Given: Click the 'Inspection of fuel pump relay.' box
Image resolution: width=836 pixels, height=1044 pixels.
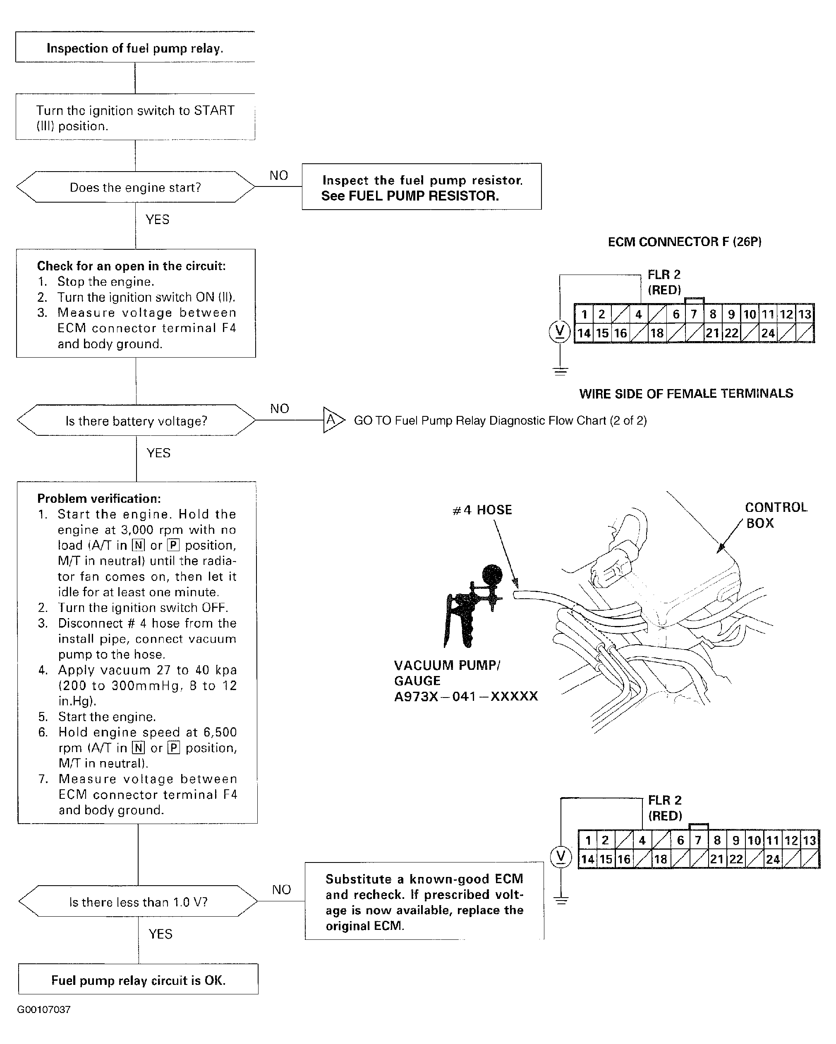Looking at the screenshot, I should click(135, 48).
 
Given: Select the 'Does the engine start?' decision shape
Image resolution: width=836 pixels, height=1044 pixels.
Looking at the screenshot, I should click(135, 187).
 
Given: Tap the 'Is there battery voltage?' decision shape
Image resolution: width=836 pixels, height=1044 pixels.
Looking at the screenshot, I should click(136, 421).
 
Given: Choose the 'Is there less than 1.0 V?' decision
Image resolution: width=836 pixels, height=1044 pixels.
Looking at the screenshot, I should click(138, 902).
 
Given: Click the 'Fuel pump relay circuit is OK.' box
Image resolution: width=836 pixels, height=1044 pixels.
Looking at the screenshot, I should click(139, 981).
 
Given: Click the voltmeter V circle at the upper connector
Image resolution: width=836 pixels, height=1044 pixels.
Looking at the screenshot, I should click(560, 332).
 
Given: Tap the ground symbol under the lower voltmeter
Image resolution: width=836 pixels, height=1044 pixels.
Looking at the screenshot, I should click(561, 901).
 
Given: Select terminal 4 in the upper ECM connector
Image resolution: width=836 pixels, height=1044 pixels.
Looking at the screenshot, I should click(638, 314).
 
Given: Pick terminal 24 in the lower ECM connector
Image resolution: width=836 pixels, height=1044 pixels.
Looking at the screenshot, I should click(773, 859).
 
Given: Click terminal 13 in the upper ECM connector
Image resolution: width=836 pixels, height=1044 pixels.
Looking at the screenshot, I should click(805, 314).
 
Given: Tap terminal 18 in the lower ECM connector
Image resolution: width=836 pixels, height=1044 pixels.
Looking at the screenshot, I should click(661, 859).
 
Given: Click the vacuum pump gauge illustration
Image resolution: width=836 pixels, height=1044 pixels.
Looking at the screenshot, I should click(472, 605).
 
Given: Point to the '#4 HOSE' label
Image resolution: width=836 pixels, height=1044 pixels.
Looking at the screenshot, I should click(482, 510).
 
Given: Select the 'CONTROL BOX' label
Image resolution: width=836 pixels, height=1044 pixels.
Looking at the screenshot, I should click(776, 515).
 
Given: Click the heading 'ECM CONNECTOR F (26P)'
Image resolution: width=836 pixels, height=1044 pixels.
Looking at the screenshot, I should click(685, 241).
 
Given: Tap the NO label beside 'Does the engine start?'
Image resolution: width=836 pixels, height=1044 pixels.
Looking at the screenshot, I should click(279, 175).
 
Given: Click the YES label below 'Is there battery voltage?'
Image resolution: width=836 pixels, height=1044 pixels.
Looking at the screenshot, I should click(158, 453).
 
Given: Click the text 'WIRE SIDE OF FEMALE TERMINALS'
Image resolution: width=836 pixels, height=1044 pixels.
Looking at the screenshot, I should click(686, 394).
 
